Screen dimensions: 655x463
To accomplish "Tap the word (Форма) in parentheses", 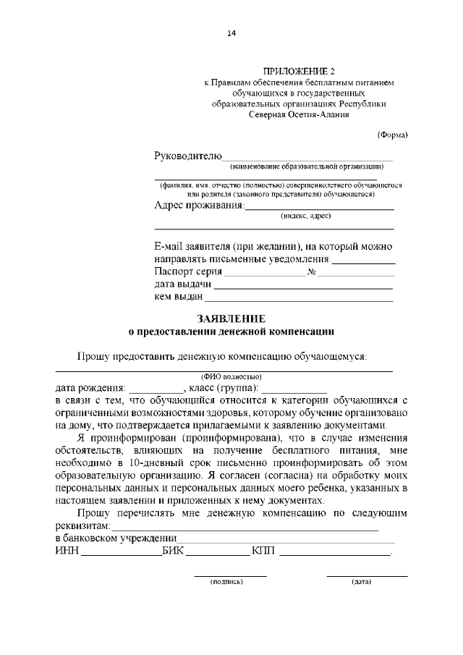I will (x=393, y=135).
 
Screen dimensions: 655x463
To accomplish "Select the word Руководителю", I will (x=187, y=156).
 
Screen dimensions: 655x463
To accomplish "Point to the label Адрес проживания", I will (x=199, y=205).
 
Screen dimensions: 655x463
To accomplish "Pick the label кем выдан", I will (x=179, y=297).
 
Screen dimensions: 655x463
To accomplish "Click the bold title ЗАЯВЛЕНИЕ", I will (x=231, y=319).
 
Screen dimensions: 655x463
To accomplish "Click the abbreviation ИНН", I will (x=67, y=551).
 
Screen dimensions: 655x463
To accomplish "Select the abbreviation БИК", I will (x=174, y=551).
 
